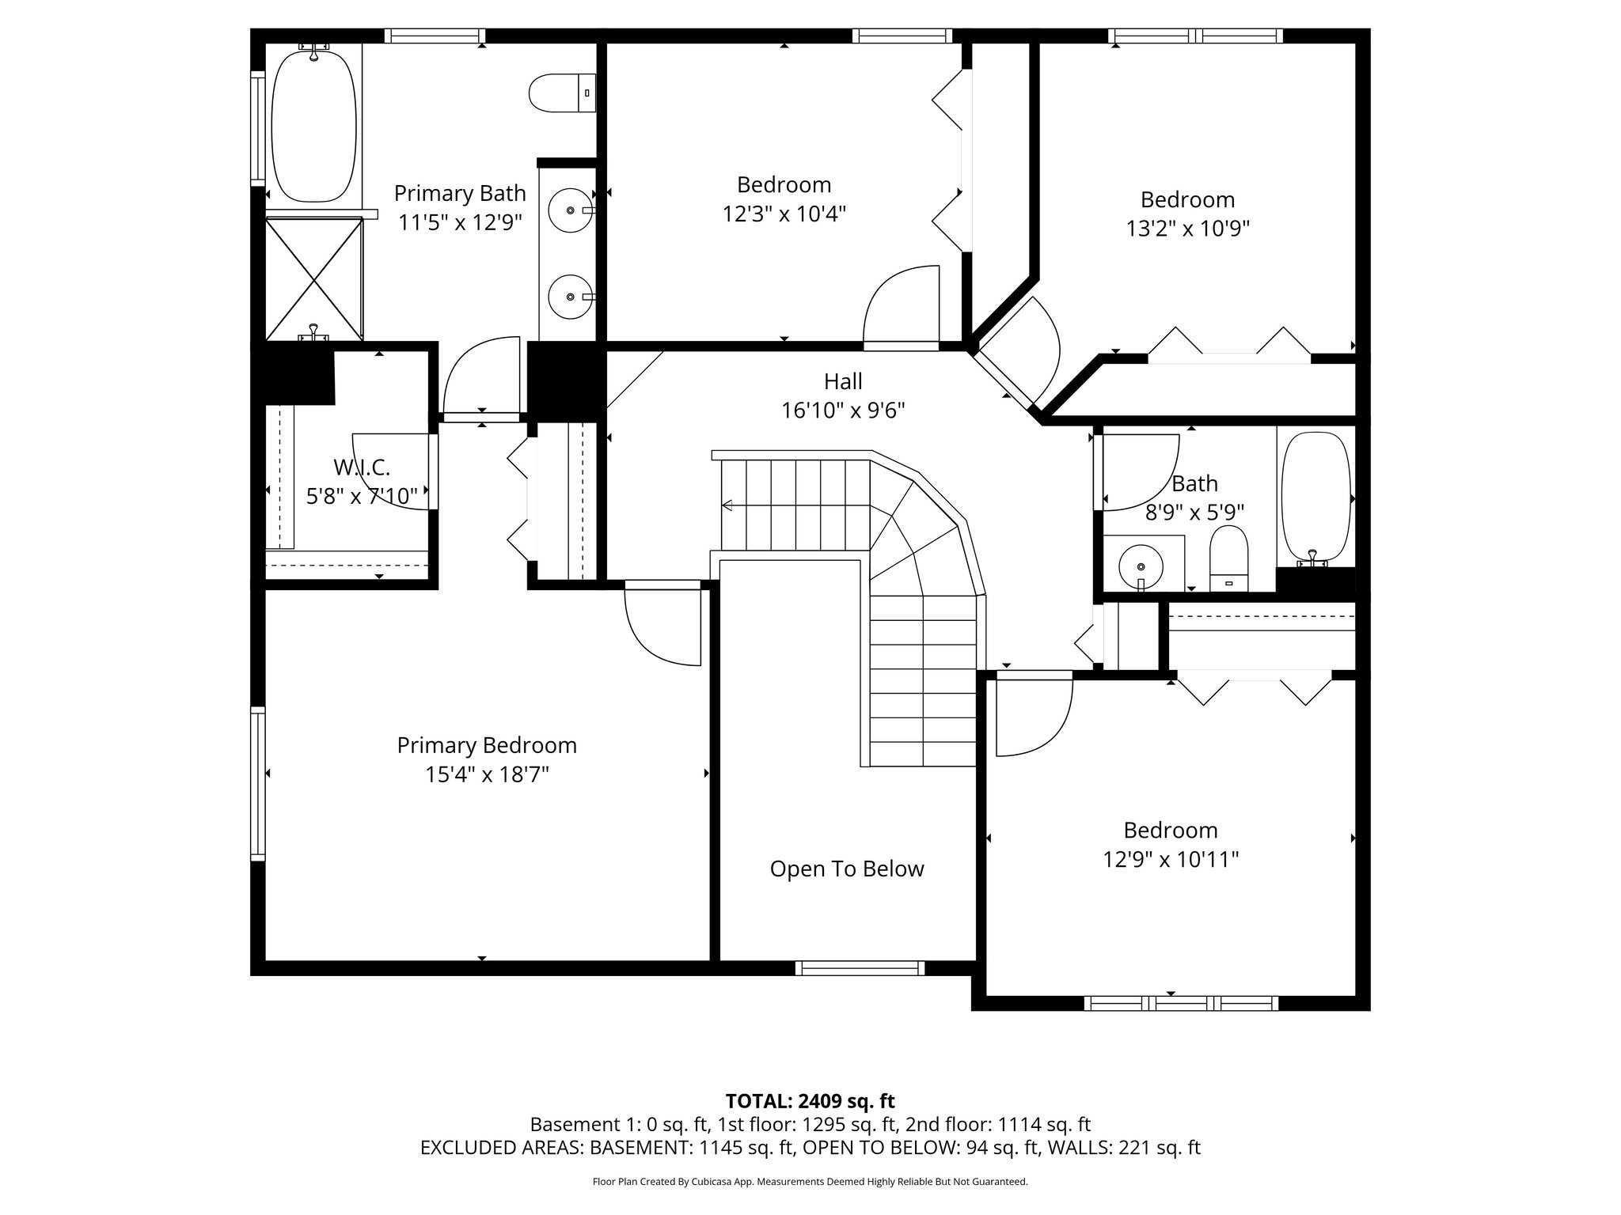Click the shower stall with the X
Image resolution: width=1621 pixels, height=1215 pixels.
[x=314, y=278]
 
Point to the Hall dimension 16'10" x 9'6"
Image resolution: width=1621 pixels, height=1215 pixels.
[x=843, y=411]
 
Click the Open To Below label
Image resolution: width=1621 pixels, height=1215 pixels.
[x=847, y=869]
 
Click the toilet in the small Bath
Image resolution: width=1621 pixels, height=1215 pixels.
[x=1228, y=558]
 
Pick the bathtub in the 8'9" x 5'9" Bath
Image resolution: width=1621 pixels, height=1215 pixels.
[x=1315, y=498]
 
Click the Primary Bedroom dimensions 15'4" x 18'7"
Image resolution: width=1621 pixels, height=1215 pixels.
[x=487, y=774]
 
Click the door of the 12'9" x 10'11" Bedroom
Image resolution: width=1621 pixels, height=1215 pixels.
[x=1033, y=716]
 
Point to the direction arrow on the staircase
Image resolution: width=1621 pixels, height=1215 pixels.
[x=727, y=505]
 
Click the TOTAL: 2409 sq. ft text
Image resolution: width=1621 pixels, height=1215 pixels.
[x=810, y=1101]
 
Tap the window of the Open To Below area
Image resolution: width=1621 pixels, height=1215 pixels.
[x=860, y=968]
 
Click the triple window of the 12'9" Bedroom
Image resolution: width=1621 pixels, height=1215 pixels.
[x=1181, y=1004]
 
